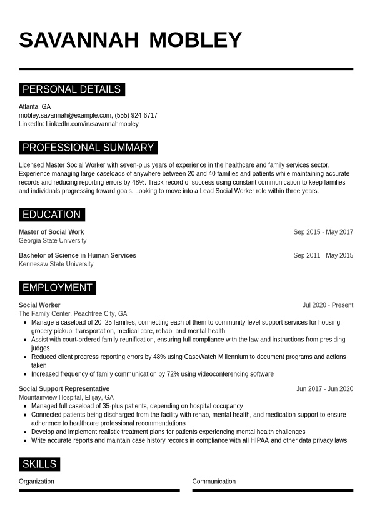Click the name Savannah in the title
(79, 39)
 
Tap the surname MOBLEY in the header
(195, 39)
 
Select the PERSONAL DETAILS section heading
(71, 89)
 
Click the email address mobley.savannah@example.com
(65, 115)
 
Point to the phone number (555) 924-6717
(136, 115)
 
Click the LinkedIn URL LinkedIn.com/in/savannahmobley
(92, 124)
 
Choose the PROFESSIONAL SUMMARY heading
(88, 148)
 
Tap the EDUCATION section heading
(51, 215)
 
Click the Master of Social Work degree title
(51, 232)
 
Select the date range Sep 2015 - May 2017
(323, 232)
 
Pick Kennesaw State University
(56, 264)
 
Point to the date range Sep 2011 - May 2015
(323, 255)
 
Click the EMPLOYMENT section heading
(58, 288)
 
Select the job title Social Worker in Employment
(39, 305)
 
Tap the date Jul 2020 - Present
(328, 305)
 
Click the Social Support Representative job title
(64, 388)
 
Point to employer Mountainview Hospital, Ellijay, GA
(66, 397)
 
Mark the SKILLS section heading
(39, 464)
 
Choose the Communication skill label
(214, 482)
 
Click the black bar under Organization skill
(99, 490)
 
